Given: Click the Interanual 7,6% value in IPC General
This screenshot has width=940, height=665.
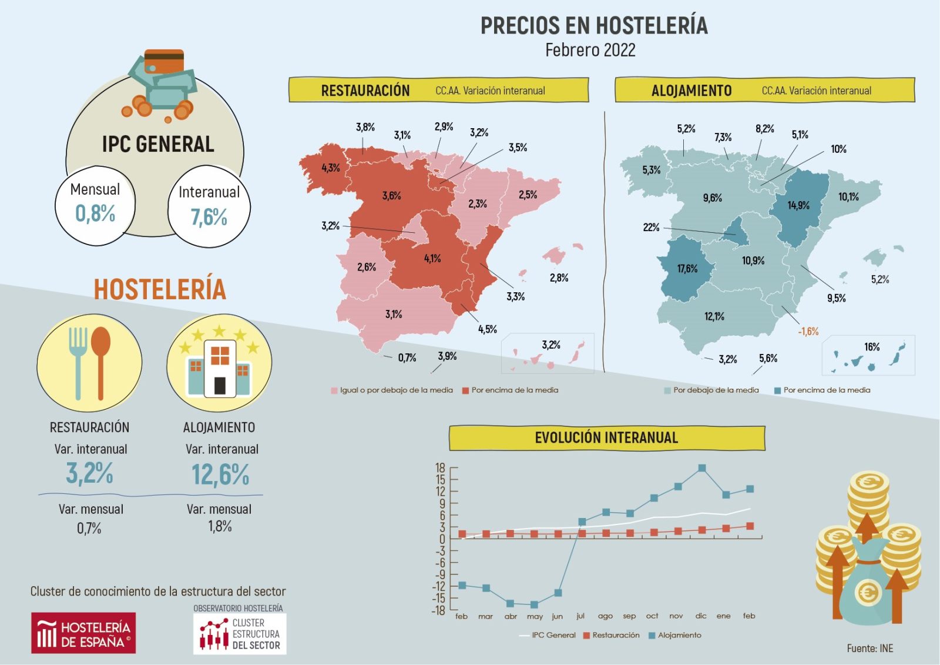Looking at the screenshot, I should tap(209, 218).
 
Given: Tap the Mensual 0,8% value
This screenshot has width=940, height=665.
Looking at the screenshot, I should tap(95, 213).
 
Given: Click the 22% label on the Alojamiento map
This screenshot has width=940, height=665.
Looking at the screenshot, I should tap(651, 228).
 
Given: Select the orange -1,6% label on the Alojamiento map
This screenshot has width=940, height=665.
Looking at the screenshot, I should tap(808, 332).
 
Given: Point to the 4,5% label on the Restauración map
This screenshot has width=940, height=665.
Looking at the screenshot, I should tap(487, 329).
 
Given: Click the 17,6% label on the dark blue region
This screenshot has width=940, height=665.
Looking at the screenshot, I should tap(687, 269).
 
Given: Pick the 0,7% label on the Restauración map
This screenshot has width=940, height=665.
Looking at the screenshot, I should tap(407, 357).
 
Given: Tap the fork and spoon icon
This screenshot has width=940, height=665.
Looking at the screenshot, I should tap(89, 363).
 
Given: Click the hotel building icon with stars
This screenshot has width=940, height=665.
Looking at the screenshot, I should tap(219, 363).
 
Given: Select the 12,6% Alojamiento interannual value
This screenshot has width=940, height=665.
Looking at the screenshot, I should tap(220, 474).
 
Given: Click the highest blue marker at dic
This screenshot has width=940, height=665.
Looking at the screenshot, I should tap(702, 469).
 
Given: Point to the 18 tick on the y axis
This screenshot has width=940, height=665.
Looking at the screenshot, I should tap(440, 468).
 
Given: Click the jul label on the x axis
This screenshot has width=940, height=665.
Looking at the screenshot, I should tap(580, 616).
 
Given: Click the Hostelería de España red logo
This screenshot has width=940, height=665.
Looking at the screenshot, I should tap(83, 633).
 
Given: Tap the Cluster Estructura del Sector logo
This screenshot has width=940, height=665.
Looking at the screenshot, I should tap(240, 634).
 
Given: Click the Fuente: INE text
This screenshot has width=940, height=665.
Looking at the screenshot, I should tap(869, 648).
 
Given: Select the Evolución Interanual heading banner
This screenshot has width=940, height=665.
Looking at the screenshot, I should tap(606, 438).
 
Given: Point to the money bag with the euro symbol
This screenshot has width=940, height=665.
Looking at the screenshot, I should tap(867, 588).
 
